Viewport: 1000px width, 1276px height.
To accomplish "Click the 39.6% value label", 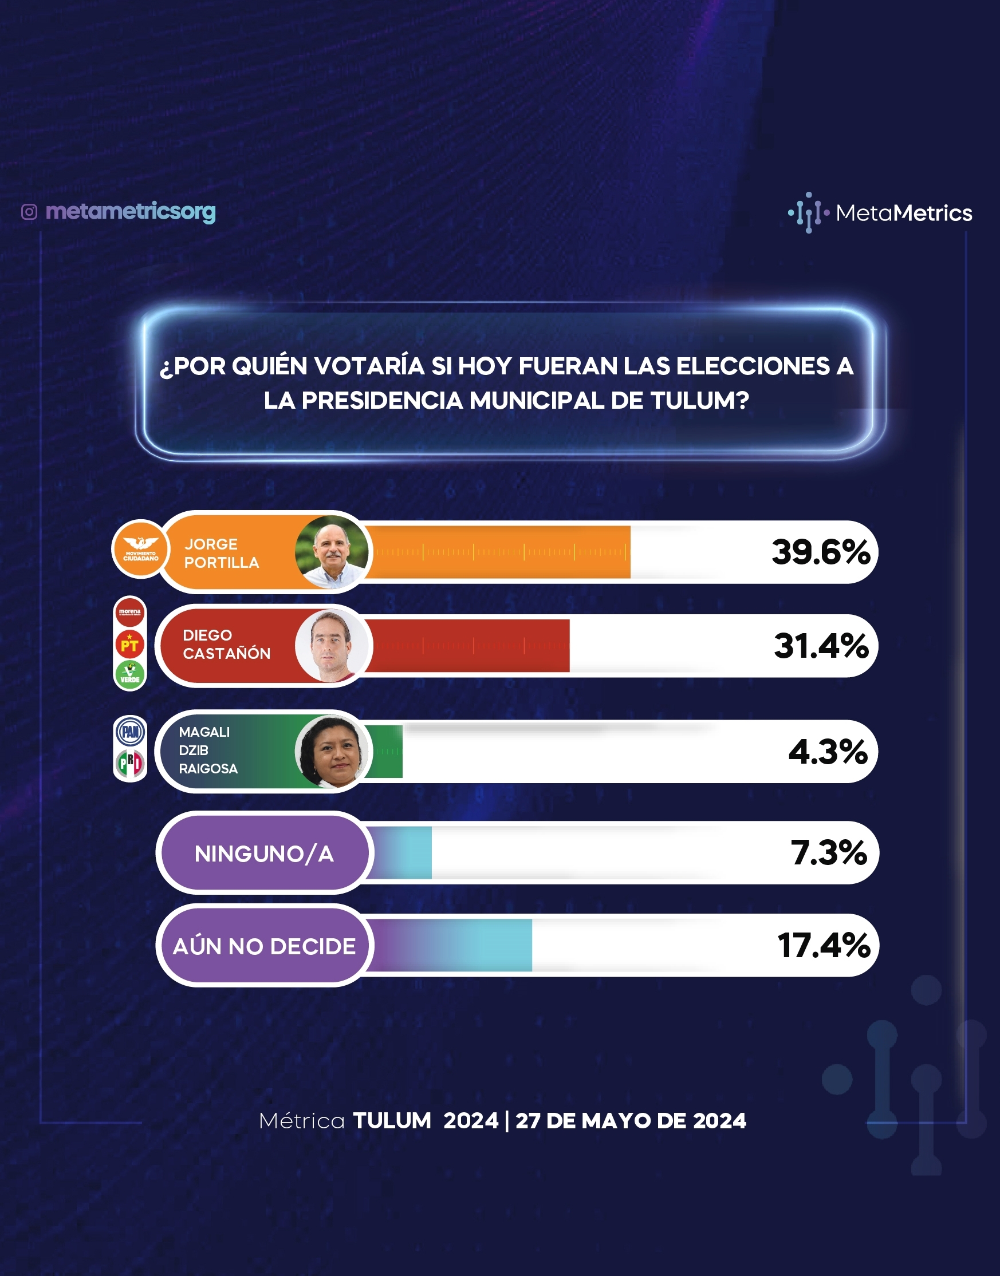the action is pos(821,552).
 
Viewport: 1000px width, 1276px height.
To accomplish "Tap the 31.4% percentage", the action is pos(821,646).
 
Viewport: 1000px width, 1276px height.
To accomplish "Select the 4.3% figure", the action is pos(828,752).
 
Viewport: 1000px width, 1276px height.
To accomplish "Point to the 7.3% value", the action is pos(828,852).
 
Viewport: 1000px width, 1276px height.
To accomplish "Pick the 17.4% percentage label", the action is pos(824,946).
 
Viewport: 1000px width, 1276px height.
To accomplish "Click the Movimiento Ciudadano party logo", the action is pos(140,549).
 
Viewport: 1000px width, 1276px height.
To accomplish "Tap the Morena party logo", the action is pos(130,612).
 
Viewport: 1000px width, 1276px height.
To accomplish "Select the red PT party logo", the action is pos(130,644).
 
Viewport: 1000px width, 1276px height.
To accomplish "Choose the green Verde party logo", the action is pos(130,675).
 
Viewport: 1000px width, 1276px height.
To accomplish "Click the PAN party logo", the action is pos(130,732).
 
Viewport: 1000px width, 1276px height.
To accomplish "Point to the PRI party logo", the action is pos(130,764).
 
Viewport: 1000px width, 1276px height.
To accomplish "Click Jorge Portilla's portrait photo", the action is pos(332,552).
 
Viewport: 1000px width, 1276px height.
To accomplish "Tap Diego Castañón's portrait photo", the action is pos(332,646).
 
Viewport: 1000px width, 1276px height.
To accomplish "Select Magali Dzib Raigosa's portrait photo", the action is pos(332,752).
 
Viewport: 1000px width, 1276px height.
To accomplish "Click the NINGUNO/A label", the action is pos(264,854).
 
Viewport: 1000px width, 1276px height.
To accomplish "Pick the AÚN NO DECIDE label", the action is pos(264,947).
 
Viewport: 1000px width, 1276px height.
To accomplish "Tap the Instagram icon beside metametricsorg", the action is pos(29,212).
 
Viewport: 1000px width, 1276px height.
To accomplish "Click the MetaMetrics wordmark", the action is pos(904,213).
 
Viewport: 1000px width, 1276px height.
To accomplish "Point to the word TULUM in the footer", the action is pos(392,1120).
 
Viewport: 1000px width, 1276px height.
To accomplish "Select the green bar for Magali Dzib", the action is pos(387,752).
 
